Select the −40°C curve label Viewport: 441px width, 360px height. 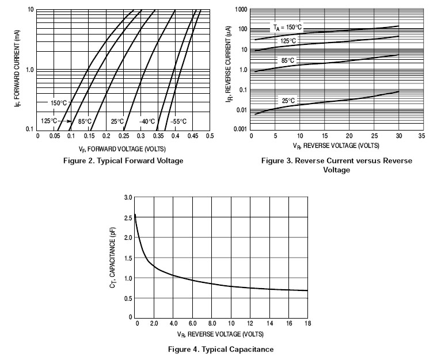point(147,121)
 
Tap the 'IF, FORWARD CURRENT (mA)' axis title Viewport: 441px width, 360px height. point(17,69)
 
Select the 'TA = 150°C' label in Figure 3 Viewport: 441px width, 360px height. point(287,26)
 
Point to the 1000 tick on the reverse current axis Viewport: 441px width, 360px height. point(239,10)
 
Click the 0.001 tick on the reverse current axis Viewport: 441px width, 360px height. point(239,129)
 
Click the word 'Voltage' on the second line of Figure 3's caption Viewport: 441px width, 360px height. point(336,170)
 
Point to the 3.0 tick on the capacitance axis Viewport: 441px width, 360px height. point(128,197)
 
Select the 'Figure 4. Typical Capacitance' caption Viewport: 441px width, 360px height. point(221,348)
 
